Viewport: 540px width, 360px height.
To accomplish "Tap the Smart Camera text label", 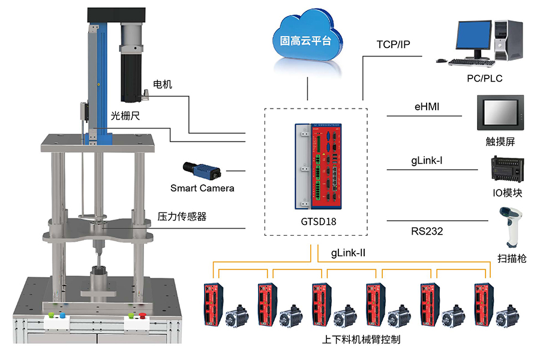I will tap(202, 188).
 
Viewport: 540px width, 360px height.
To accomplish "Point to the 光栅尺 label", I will tap(125, 115).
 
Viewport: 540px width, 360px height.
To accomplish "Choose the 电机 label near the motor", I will tap(163, 85).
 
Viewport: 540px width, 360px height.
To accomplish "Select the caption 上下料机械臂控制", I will tap(361, 340).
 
